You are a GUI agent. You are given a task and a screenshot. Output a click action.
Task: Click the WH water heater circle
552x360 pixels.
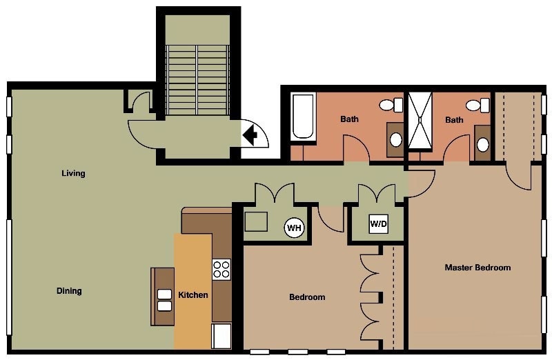(x=295, y=227)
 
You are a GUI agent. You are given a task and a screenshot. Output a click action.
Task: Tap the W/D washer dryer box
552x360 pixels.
(x=378, y=224)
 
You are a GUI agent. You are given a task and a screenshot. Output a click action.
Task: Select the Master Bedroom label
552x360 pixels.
(x=477, y=268)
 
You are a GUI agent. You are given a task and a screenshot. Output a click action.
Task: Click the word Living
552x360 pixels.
(x=73, y=174)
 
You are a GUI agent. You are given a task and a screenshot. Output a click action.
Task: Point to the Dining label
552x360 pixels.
(x=69, y=291)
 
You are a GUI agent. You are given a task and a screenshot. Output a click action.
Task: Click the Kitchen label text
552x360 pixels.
(x=193, y=295)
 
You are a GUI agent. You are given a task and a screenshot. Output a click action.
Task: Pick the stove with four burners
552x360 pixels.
(x=221, y=269)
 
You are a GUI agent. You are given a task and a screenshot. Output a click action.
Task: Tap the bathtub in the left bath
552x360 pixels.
(x=303, y=117)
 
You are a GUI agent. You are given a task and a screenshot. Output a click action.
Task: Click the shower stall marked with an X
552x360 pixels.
(x=420, y=121)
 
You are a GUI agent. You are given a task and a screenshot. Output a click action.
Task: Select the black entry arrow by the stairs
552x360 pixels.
(x=250, y=133)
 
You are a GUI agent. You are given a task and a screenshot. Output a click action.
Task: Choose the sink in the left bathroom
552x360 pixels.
(x=396, y=139)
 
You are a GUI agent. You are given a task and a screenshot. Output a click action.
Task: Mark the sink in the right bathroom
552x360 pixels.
(x=483, y=145)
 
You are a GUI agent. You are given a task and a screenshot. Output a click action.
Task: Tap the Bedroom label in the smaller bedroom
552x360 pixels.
(x=307, y=297)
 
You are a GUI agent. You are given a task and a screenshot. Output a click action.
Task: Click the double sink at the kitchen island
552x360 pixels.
(x=164, y=299)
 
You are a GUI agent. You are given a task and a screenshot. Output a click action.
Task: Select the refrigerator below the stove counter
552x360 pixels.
(x=221, y=336)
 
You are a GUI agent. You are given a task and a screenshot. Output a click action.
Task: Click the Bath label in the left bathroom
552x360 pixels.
(x=349, y=119)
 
